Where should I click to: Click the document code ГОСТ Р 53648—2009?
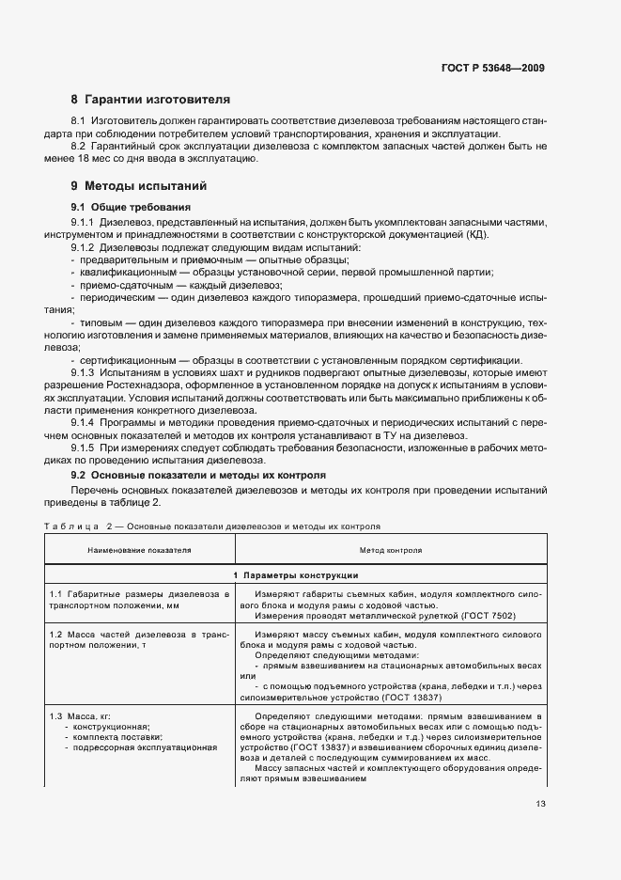(x=493, y=68)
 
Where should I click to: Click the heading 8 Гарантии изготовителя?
(x=150, y=99)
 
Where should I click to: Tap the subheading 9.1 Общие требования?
(x=132, y=206)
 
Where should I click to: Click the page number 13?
(x=539, y=803)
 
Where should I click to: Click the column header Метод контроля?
(x=390, y=549)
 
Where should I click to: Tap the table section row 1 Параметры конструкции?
(x=295, y=574)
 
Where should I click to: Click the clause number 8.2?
(x=79, y=147)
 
